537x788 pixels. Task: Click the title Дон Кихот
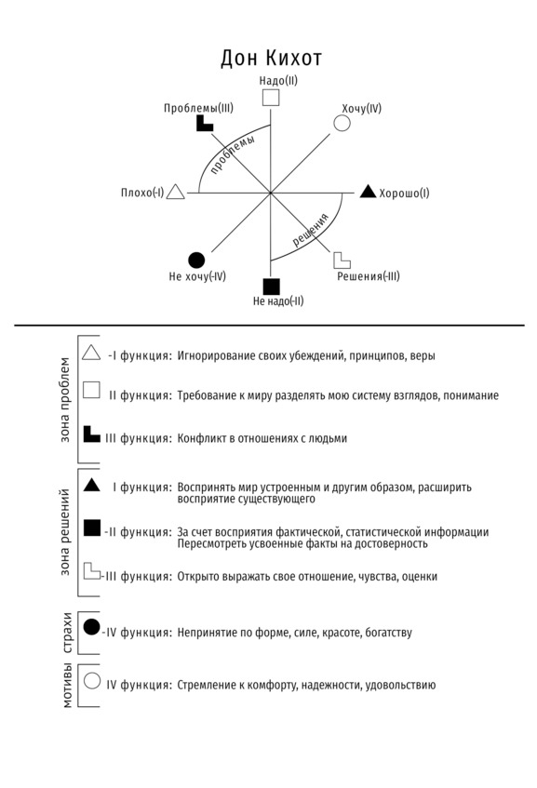tap(271, 59)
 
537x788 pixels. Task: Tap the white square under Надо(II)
tap(271, 98)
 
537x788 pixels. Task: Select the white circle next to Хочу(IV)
tap(342, 123)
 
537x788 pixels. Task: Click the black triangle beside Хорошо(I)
tap(368, 192)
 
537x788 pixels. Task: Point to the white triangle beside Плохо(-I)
tap(176, 192)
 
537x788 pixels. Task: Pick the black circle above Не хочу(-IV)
tap(196, 260)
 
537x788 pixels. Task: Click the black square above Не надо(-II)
tap(272, 287)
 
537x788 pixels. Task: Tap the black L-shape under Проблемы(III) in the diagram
tap(204, 124)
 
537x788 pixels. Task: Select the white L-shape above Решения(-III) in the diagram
tap(342, 260)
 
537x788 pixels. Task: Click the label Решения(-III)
tap(369, 276)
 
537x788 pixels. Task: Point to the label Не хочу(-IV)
tap(197, 276)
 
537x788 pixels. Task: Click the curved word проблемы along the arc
tap(233, 154)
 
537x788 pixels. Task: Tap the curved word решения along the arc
tap(311, 230)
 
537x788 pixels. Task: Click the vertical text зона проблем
tap(64, 400)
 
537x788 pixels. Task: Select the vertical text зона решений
tap(64, 532)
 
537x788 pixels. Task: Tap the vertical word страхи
tap(67, 633)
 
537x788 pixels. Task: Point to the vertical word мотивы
tap(67, 686)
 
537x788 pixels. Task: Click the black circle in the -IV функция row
tap(91, 627)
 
